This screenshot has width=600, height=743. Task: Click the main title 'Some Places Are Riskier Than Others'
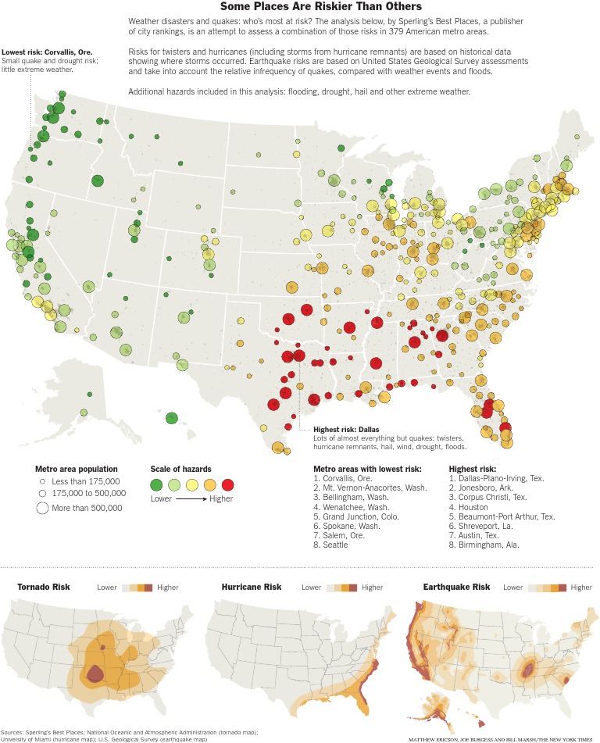pyautogui.click(x=299, y=6)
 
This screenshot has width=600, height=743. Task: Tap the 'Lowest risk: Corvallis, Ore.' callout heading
pyautogui.click(x=47, y=52)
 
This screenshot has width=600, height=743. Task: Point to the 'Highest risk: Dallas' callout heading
pyautogui.click(x=347, y=430)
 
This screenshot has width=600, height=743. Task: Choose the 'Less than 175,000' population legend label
pyautogui.click(x=85, y=481)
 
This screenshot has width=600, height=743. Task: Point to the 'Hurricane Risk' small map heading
pyautogui.click(x=252, y=587)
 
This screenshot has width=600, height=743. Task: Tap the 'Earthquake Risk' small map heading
pyautogui.click(x=456, y=587)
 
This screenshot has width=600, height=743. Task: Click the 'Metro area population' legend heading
pyautogui.click(x=77, y=468)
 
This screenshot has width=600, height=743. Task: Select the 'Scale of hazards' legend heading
pyautogui.click(x=180, y=468)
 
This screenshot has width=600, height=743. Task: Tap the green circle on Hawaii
pyautogui.click(x=172, y=418)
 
